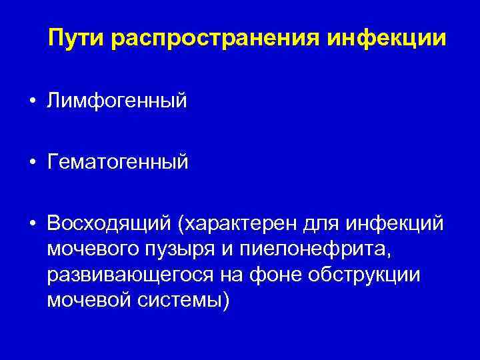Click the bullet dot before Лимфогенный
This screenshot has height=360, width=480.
click(31, 102)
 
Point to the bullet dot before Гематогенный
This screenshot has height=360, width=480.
click(31, 163)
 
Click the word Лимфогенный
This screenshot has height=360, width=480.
click(117, 102)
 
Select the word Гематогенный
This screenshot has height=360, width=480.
click(118, 163)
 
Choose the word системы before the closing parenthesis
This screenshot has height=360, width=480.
click(182, 301)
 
